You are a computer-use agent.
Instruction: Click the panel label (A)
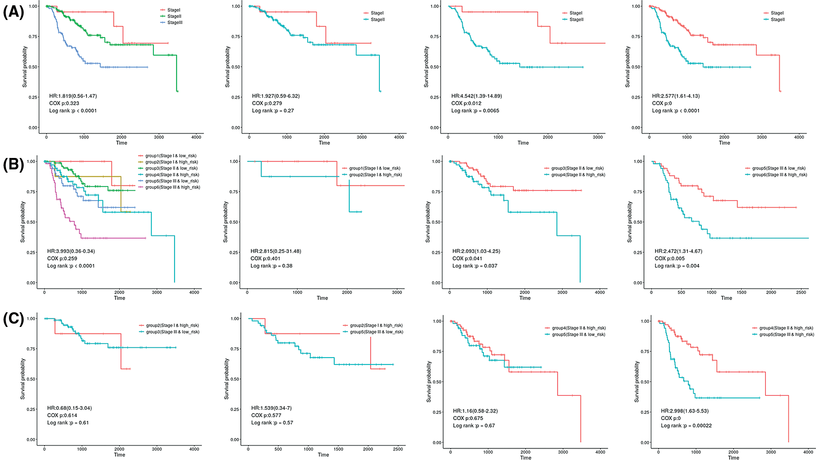tap(13, 12)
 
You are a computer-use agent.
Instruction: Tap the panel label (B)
tap(13, 164)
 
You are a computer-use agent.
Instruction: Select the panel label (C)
tap(13, 319)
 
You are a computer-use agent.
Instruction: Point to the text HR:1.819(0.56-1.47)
tap(73, 96)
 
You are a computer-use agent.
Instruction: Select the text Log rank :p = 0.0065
tap(475, 111)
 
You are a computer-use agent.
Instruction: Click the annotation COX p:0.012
tap(466, 103)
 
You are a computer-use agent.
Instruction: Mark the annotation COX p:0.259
tap(62, 258)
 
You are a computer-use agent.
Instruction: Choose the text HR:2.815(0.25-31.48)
tap(275, 251)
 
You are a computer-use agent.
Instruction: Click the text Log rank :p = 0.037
tap(475, 266)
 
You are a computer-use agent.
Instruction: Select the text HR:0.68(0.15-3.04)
tap(69, 408)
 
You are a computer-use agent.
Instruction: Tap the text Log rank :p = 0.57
tap(272, 423)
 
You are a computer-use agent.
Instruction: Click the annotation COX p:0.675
tap(468, 418)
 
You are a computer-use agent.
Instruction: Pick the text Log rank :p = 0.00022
tap(686, 426)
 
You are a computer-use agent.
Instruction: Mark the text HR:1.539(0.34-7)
tap(271, 408)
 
